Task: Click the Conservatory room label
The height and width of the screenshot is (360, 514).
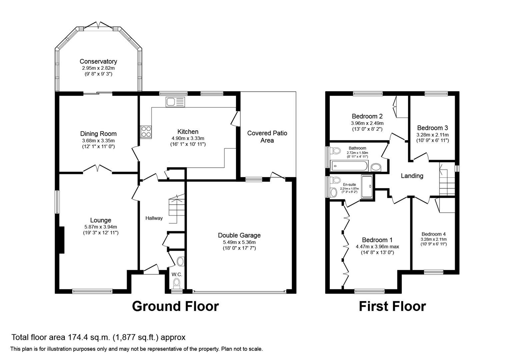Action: (98, 61)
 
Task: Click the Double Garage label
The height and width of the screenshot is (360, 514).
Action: (239, 235)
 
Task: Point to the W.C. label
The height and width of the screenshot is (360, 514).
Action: (177, 274)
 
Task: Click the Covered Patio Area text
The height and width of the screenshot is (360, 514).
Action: (267, 137)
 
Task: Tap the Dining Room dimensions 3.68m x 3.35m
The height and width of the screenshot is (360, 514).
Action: (98, 141)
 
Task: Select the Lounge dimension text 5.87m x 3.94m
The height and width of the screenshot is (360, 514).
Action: (101, 227)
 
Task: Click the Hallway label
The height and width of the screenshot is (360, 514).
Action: (154, 218)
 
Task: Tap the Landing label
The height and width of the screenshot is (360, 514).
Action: (412, 176)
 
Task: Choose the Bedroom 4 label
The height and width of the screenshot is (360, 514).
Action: (433, 234)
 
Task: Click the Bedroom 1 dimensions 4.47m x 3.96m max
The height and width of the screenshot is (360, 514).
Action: (377, 247)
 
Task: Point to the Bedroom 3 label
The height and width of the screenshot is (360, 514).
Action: (432, 128)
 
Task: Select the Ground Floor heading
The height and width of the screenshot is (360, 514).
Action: (175, 306)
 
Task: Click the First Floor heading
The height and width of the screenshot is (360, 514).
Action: (392, 306)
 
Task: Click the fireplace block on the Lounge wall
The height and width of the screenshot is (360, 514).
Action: (61, 240)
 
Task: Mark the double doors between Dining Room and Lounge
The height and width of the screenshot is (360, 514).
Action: (97, 169)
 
